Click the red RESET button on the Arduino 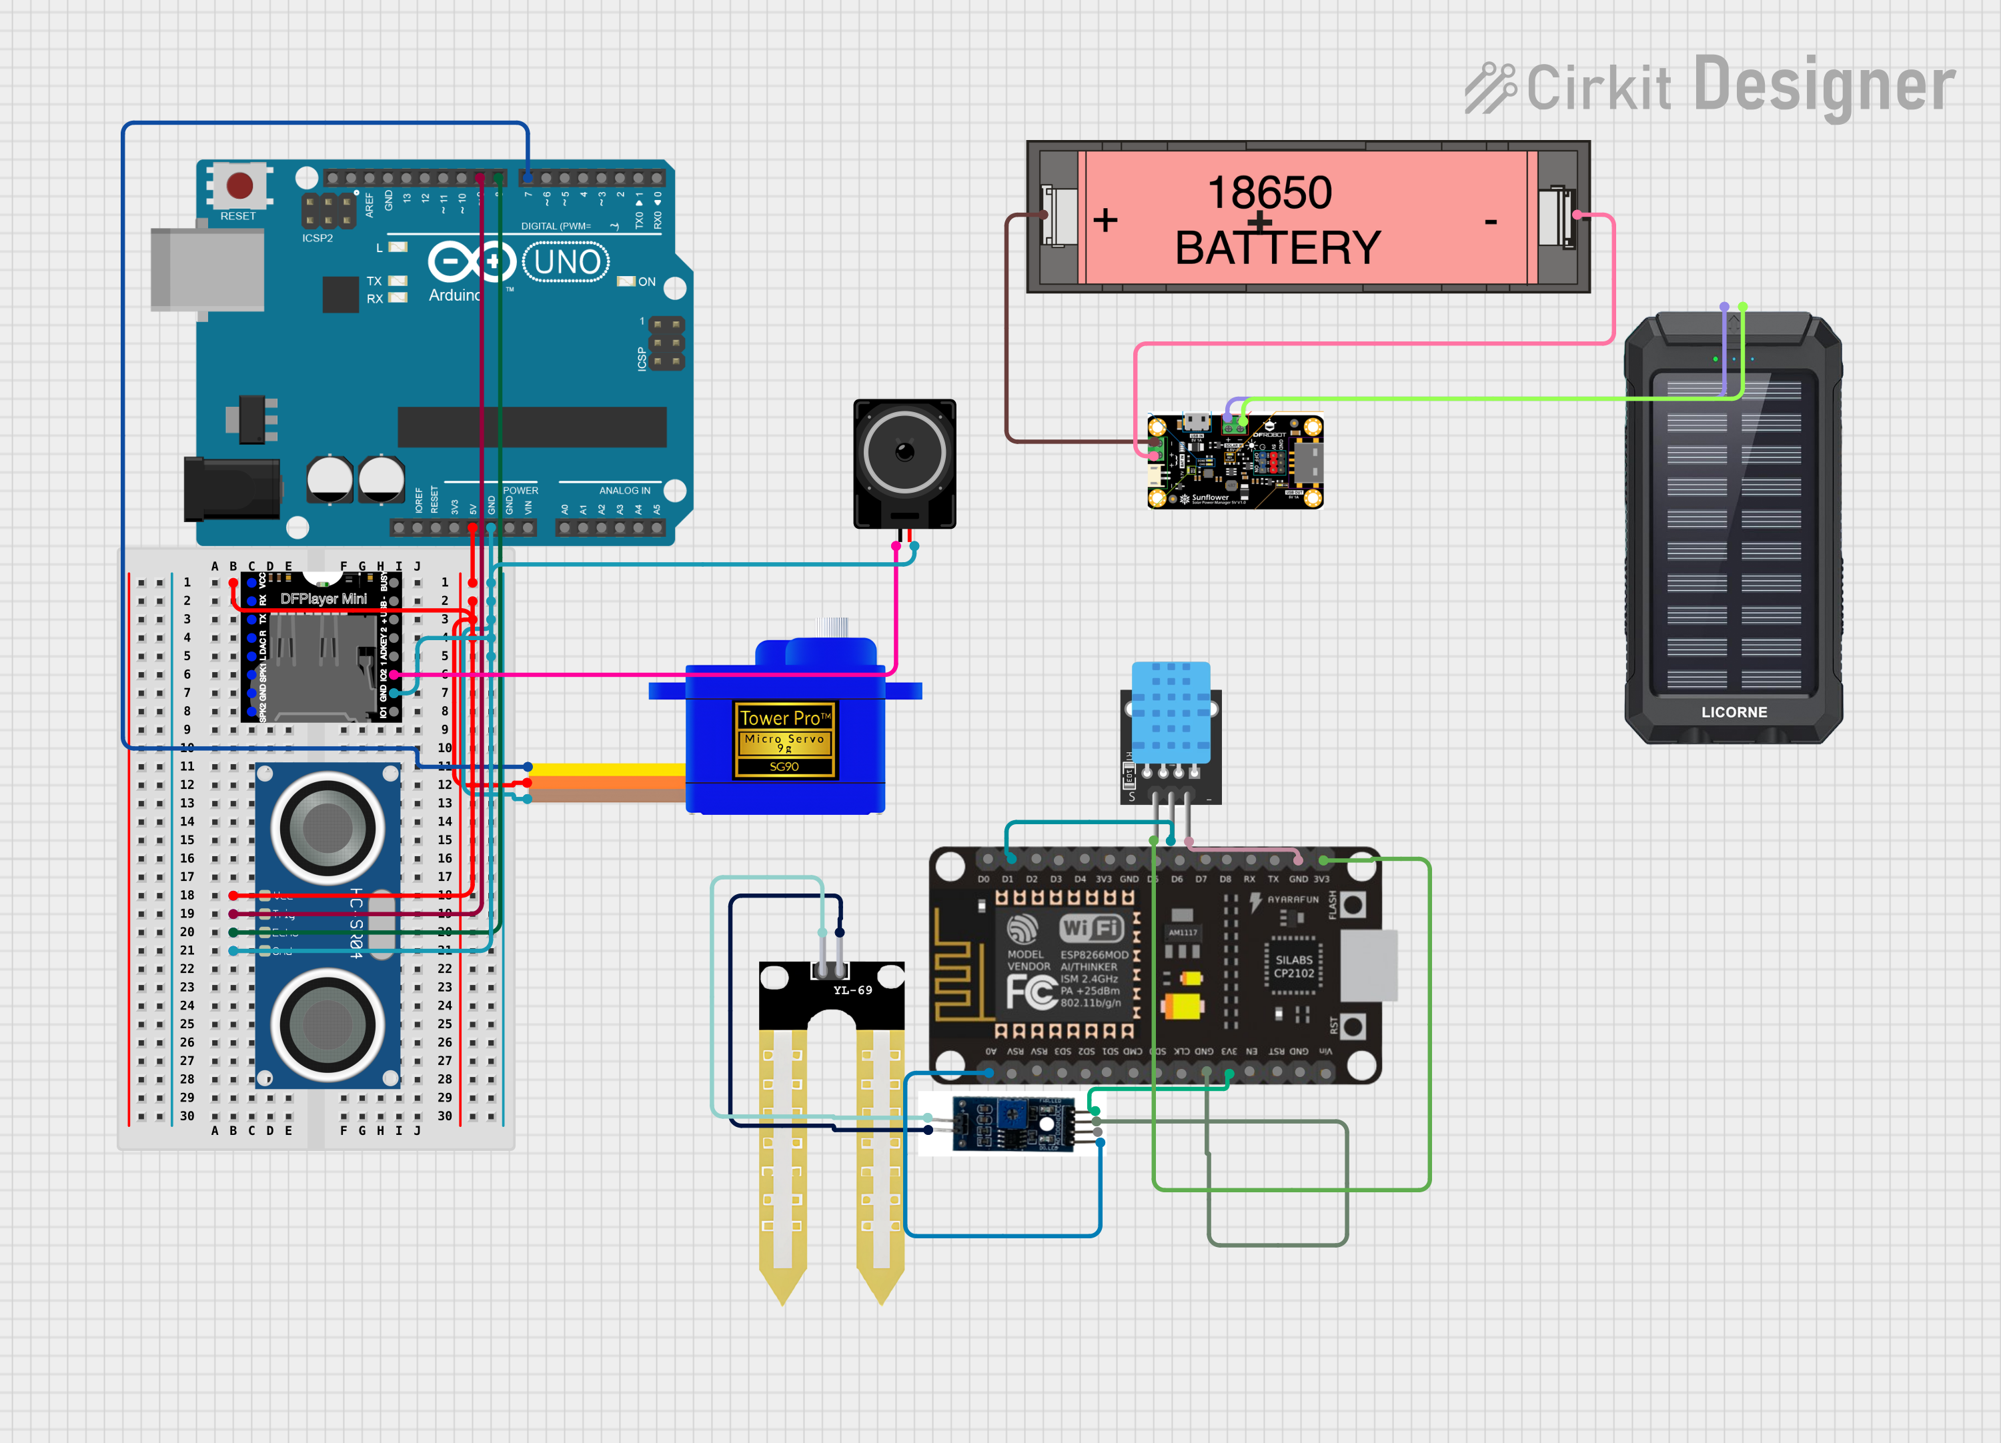click(239, 185)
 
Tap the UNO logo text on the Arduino click(566, 263)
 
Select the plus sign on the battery click(1105, 219)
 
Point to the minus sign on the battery click(1490, 221)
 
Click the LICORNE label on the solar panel click(1734, 711)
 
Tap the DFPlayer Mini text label click(323, 599)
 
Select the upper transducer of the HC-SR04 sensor click(327, 828)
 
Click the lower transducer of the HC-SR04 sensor click(327, 1025)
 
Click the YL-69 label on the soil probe click(852, 990)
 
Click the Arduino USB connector click(207, 269)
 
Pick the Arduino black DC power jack click(231, 489)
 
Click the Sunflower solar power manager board click(1235, 462)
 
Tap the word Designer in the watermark click(1824, 85)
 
